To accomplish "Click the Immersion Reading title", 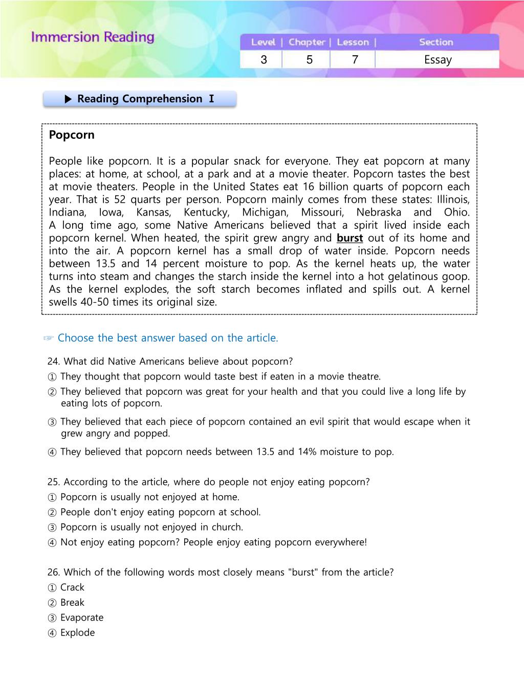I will click(93, 37).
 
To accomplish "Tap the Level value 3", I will click(264, 60).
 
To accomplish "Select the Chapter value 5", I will click(310, 60).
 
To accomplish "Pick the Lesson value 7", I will click(355, 60).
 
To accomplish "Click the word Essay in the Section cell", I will click(438, 60).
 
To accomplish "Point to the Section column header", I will click(436, 43).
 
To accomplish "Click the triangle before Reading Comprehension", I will click(69, 99).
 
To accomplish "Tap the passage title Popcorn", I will click(72, 135).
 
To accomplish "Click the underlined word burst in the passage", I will click(350, 238).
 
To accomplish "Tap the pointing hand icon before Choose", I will click(49, 338).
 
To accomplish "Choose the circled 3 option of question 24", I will click(52, 422).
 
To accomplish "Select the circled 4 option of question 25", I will click(52, 543).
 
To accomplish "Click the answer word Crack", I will click(72, 587).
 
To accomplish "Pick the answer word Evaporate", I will click(82, 618).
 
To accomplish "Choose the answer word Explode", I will click(78, 633).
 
